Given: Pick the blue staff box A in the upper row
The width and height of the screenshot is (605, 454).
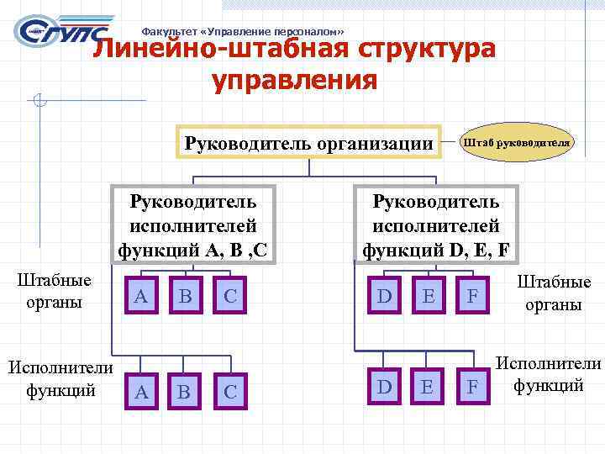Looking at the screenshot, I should tap(142, 295).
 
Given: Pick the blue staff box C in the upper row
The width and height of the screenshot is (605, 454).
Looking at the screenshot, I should tap(229, 295).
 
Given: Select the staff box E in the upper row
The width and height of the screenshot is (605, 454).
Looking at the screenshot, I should tap(429, 295).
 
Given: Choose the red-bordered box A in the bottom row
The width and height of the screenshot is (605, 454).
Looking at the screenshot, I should tap(142, 391).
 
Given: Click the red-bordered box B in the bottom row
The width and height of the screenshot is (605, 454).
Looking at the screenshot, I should tap(183, 391).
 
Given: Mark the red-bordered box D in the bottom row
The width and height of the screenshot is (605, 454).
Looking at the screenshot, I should tap(385, 386).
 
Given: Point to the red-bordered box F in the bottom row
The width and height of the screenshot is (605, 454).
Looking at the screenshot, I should tap(473, 386).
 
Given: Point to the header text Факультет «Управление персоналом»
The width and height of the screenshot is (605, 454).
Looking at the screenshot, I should tap(243, 28).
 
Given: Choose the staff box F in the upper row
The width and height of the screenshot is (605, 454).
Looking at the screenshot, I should tap(473, 295).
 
